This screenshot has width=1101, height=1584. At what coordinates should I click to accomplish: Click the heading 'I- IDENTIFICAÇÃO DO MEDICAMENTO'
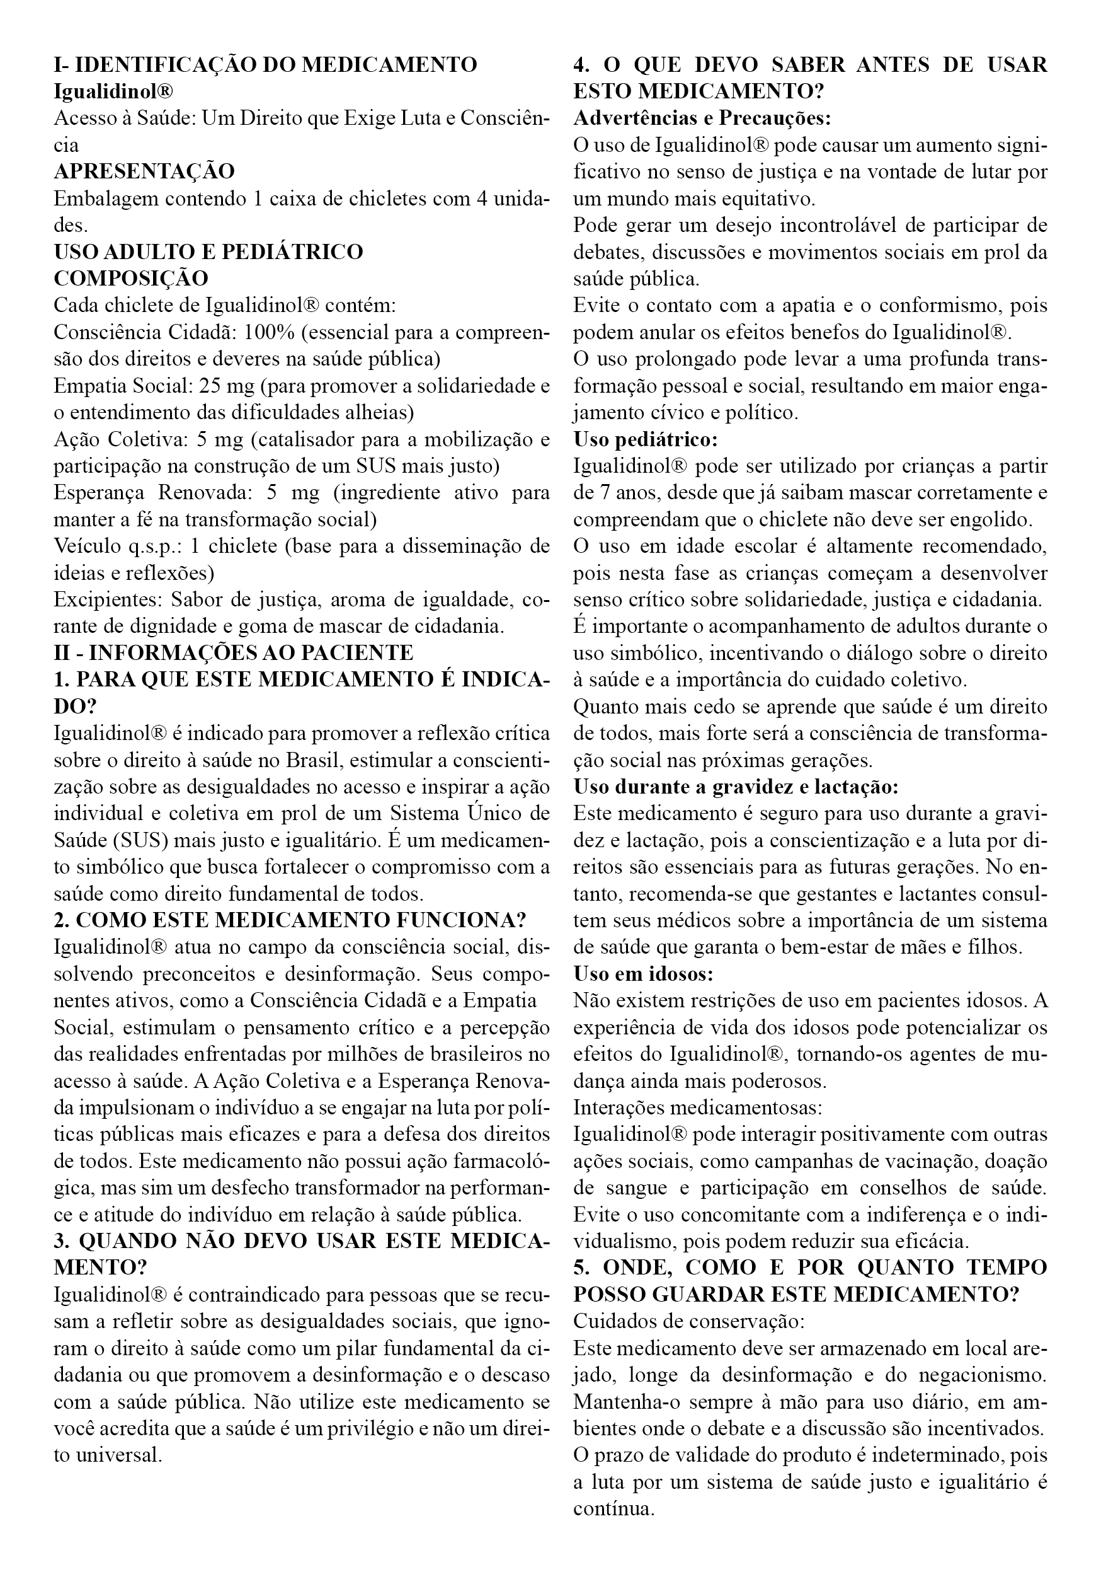[265, 65]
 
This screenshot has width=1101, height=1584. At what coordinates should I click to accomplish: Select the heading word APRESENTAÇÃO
[144, 171]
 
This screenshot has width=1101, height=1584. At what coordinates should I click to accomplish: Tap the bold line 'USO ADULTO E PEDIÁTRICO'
[208, 251]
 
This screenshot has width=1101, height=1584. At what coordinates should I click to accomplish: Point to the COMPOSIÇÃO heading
[131, 279]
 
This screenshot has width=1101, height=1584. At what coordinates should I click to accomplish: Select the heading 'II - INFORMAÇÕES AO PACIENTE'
[234, 652]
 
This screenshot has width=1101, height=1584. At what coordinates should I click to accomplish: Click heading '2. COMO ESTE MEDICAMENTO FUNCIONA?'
[290, 920]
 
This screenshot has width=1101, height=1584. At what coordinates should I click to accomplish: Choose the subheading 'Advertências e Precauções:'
[702, 118]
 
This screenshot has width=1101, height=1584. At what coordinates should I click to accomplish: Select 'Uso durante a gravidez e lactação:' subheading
[736, 787]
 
